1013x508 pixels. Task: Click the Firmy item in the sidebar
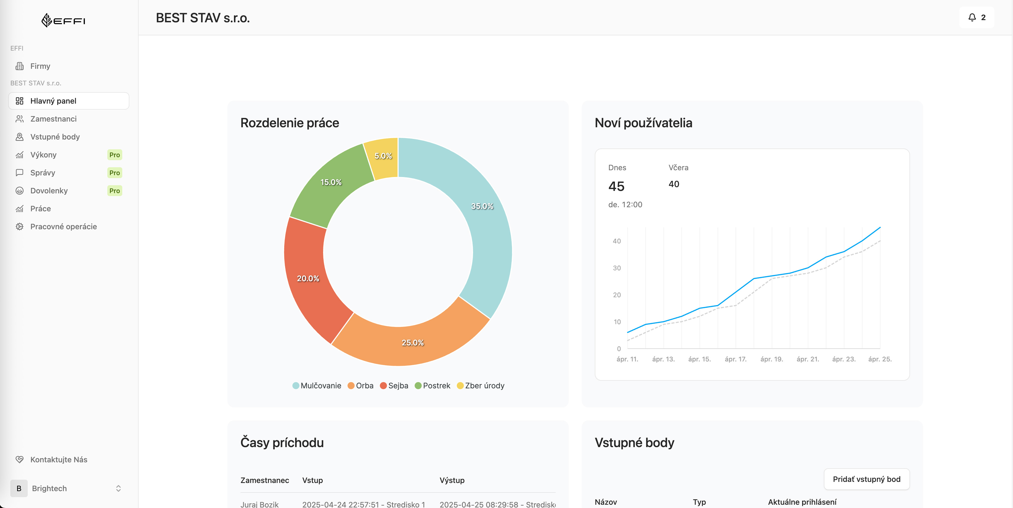[x=40, y=66]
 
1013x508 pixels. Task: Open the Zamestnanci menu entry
[x=53, y=119]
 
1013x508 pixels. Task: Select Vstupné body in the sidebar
[x=55, y=137]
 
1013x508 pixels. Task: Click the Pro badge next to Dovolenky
[x=114, y=191]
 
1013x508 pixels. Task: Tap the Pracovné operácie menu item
[x=63, y=227]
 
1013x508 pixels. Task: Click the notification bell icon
[x=972, y=17]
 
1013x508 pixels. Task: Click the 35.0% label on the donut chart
[x=482, y=206]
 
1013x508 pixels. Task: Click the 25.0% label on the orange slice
[x=412, y=343]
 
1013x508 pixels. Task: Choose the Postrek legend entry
[x=433, y=386]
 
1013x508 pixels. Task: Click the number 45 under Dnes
[x=616, y=186]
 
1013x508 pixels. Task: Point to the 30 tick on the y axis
[x=617, y=268]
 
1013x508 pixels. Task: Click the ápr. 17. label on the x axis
[x=735, y=359]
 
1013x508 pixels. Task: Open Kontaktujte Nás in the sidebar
[x=59, y=460]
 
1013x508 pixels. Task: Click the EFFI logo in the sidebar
[x=63, y=20]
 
